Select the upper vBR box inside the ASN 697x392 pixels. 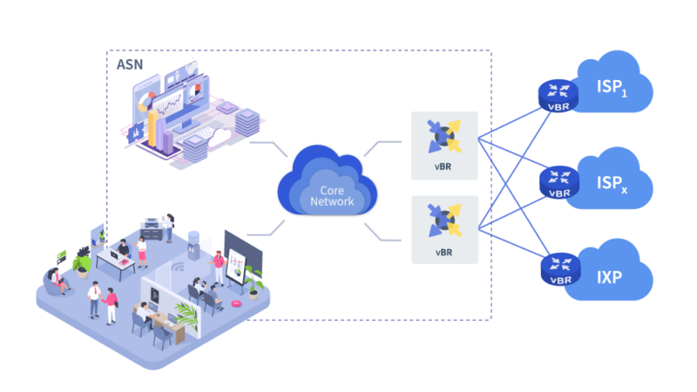(x=444, y=145)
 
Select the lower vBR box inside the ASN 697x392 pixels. (x=444, y=230)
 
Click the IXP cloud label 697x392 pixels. (x=610, y=278)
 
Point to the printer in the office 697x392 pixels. (x=152, y=228)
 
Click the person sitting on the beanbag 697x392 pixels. (x=59, y=280)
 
